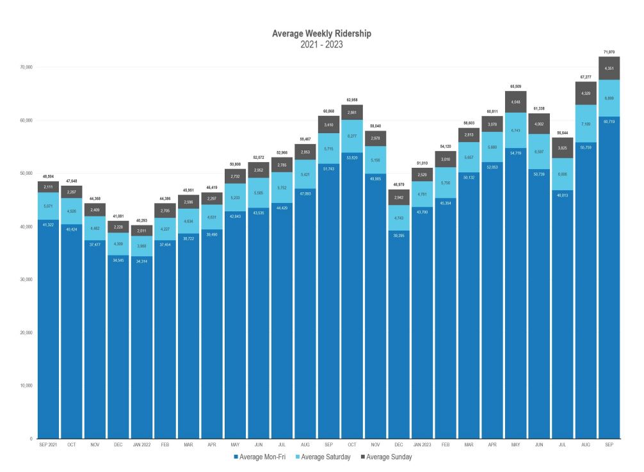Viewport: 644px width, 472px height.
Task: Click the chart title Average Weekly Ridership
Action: (321, 33)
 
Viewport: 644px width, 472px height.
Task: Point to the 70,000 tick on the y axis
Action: (26, 67)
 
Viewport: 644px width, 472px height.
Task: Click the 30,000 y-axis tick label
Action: (26, 280)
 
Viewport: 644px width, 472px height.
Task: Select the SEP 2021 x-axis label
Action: (48, 444)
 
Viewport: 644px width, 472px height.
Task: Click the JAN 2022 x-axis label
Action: (142, 444)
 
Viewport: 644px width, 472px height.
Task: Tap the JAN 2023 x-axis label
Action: (423, 444)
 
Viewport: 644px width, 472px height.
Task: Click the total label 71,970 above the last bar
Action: (609, 51)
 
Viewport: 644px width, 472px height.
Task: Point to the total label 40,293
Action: (142, 220)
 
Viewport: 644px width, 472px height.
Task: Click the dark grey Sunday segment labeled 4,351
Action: (609, 69)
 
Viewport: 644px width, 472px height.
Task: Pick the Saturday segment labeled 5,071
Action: (48, 206)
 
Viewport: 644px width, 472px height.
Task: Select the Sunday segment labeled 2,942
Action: (399, 198)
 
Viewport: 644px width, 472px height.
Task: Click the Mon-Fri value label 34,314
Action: (142, 261)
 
